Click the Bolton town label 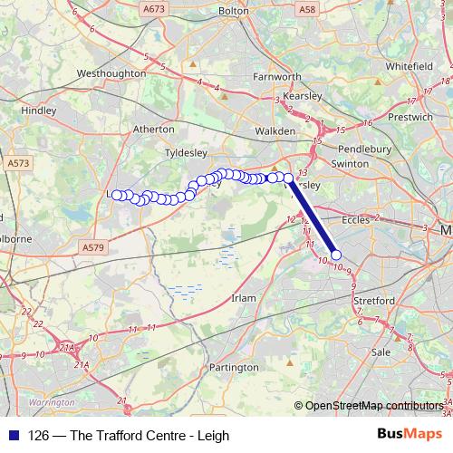pos(233,10)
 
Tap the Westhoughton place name pos(112,72)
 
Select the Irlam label pos(245,297)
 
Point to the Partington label pos(234,368)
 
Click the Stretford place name pos(373,300)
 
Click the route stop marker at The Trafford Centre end pos(336,255)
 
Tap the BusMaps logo pos(409,435)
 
